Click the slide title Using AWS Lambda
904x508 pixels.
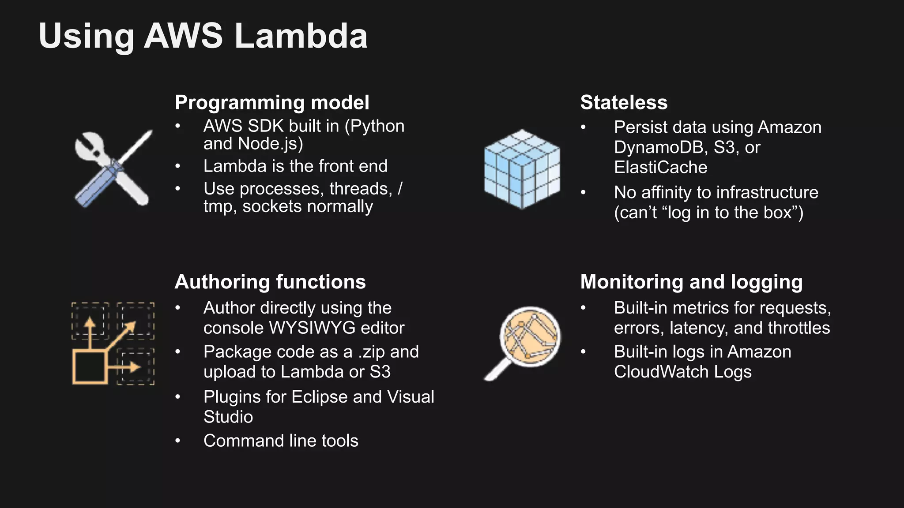click(203, 36)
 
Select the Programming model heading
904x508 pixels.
click(271, 102)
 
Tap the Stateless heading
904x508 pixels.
click(623, 102)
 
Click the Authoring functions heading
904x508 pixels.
click(270, 282)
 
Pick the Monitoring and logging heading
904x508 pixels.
click(691, 282)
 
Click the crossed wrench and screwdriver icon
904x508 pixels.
click(113, 169)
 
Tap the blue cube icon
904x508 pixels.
click(522, 169)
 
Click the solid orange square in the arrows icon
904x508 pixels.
click(90, 367)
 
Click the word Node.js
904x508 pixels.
click(270, 144)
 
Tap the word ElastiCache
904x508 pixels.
click(660, 168)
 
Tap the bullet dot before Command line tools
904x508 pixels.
click(177, 441)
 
